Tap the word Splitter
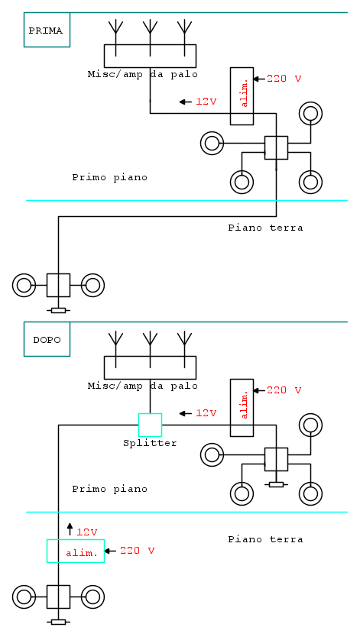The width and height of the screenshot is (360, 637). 150,443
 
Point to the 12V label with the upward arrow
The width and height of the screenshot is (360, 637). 87,532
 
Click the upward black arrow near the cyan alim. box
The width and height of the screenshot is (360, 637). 70,529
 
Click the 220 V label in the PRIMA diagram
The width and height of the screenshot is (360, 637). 284,79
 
